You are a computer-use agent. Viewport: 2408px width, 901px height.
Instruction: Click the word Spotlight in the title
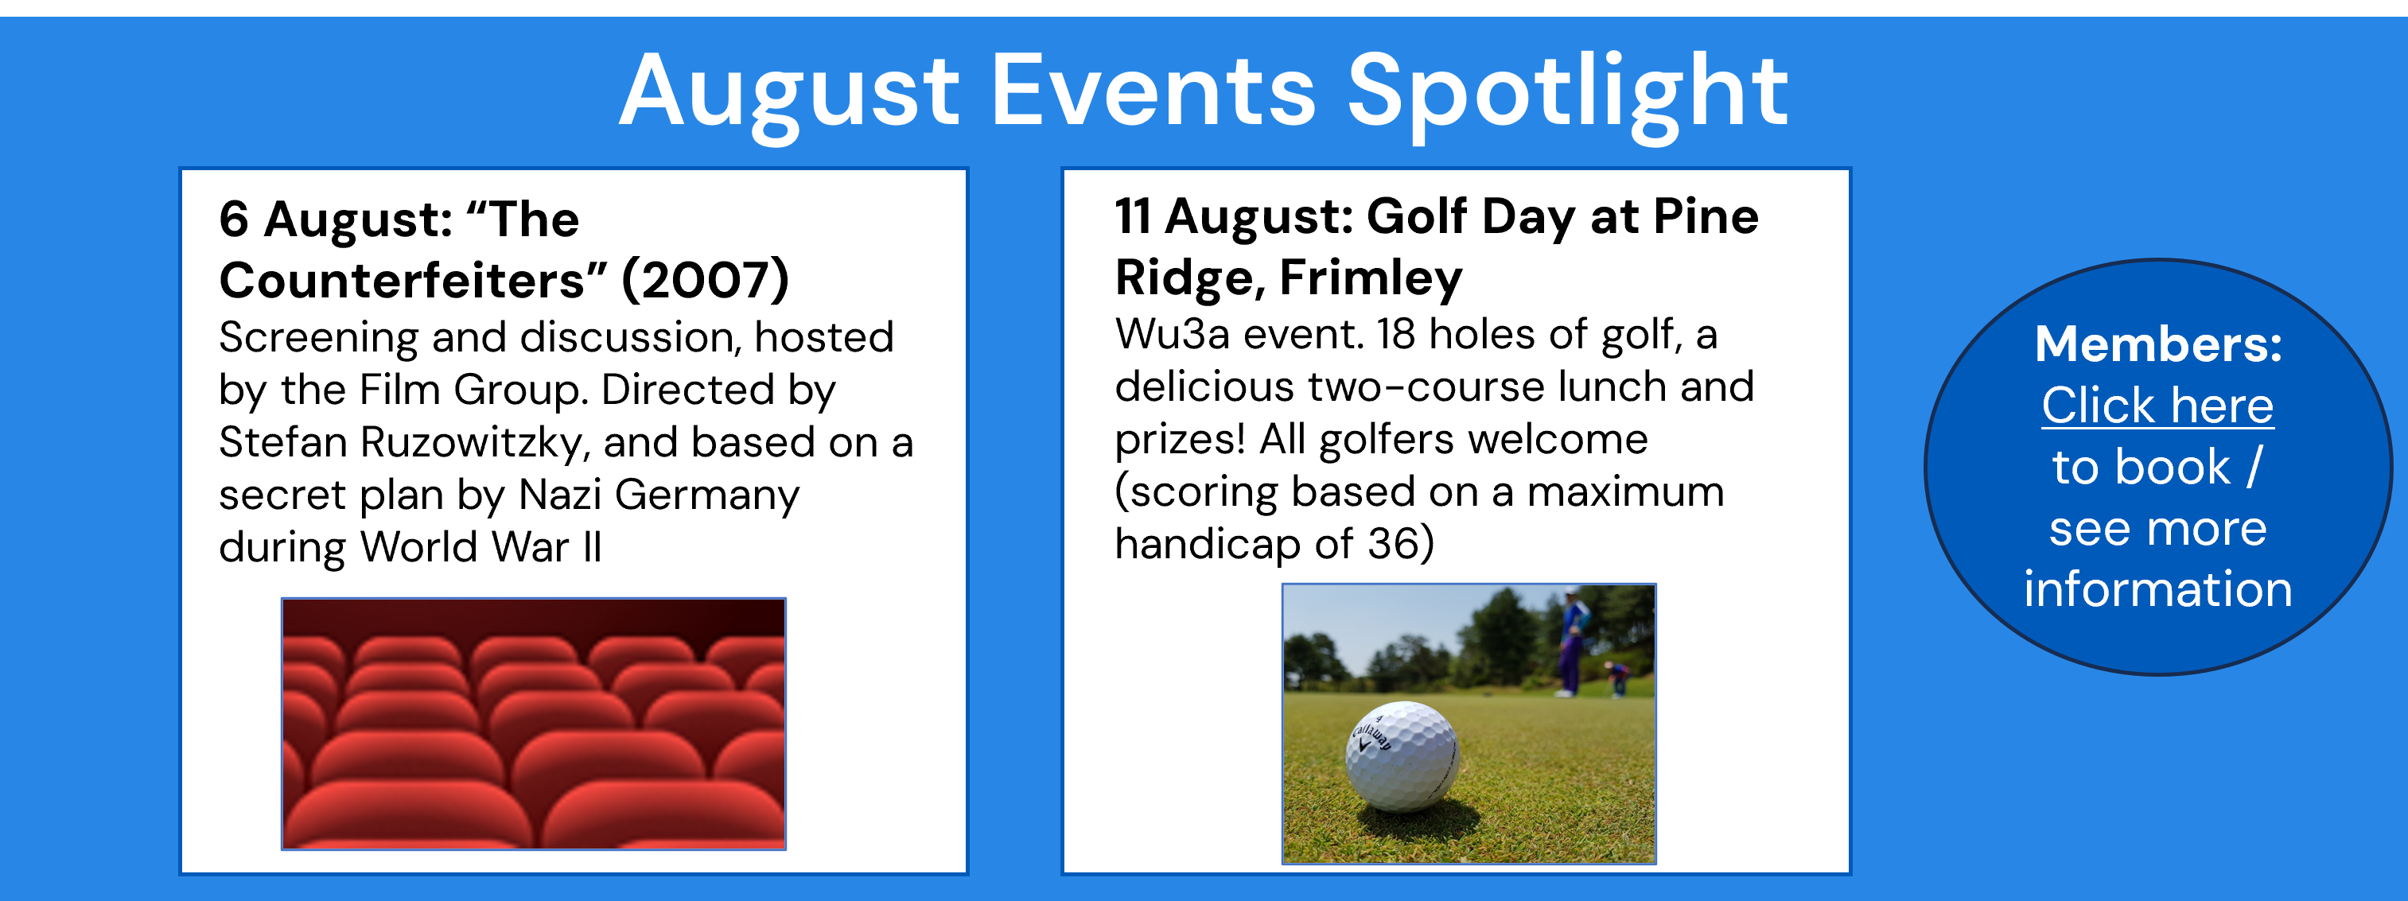(1568, 94)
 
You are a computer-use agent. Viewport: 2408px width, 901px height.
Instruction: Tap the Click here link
(2157, 406)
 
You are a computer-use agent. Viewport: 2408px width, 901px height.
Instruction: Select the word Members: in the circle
(2158, 344)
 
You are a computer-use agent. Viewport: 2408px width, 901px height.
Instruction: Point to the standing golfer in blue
(1572, 643)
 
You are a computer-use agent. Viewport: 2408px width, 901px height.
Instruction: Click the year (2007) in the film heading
(706, 279)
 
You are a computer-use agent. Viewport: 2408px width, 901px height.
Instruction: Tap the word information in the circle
(2158, 588)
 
